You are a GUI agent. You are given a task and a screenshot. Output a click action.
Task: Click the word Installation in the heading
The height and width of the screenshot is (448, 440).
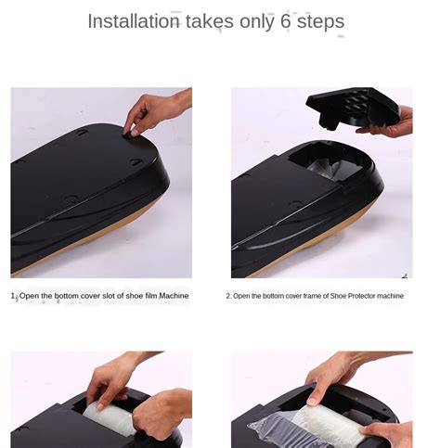(x=134, y=21)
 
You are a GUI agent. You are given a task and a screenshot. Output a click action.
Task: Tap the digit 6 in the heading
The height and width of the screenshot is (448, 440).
(x=286, y=21)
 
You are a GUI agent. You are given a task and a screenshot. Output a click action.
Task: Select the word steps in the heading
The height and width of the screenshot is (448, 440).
(x=320, y=21)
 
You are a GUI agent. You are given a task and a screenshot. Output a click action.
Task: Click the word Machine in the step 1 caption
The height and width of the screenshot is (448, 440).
(x=174, y=296)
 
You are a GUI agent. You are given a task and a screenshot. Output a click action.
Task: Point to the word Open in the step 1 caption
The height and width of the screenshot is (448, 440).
(x=29, y=296)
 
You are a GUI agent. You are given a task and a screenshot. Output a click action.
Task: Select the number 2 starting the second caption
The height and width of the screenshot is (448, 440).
(x=228, y=296)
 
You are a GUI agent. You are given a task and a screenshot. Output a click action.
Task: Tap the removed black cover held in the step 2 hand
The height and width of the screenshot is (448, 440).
(x=352, y=107)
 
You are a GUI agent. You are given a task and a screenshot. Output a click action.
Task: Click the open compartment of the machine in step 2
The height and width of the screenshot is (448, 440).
(x=326, y=162)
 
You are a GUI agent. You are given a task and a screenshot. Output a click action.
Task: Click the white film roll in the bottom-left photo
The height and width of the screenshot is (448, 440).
(x=109, y=417)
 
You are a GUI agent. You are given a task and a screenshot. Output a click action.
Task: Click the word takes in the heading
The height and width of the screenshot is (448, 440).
(x=210, y=21)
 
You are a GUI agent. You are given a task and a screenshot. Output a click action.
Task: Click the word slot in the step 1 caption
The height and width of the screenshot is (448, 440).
(x=109, y=296)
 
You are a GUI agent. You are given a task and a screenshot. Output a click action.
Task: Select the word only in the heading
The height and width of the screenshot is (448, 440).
(x=257, y=21)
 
